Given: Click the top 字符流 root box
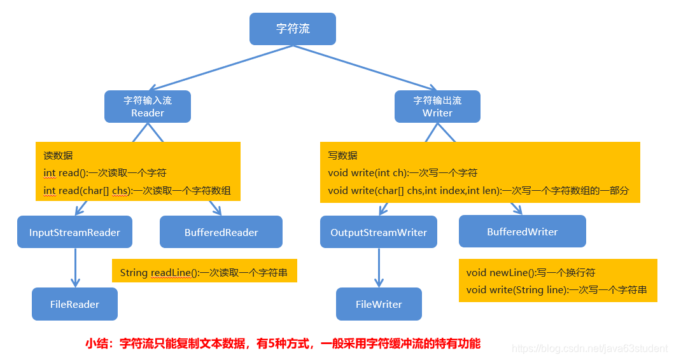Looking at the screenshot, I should (292, 29).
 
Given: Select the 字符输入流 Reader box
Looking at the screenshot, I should (148, 106).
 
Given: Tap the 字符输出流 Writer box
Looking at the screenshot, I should (437, 106).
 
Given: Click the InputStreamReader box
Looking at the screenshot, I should (74, 232).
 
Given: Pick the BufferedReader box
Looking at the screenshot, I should (221, 232).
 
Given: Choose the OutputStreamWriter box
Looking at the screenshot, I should (379, 232).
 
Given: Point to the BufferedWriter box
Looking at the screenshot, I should (522, 232).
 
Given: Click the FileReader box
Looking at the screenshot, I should (74, 304).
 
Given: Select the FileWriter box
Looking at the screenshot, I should (379, 304).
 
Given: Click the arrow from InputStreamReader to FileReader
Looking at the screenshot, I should (75, 267).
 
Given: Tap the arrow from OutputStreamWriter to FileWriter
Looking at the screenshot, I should (379, 267).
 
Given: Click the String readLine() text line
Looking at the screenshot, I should (203, 273).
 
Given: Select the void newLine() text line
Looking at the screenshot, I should (531, 272).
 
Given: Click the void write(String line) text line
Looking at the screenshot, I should (556, 289).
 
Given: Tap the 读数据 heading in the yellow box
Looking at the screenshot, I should (58, 155).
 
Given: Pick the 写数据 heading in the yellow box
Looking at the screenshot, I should (342, 155).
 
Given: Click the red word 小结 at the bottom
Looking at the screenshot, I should (98, 343).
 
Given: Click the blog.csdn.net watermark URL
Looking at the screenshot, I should (589, 348).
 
